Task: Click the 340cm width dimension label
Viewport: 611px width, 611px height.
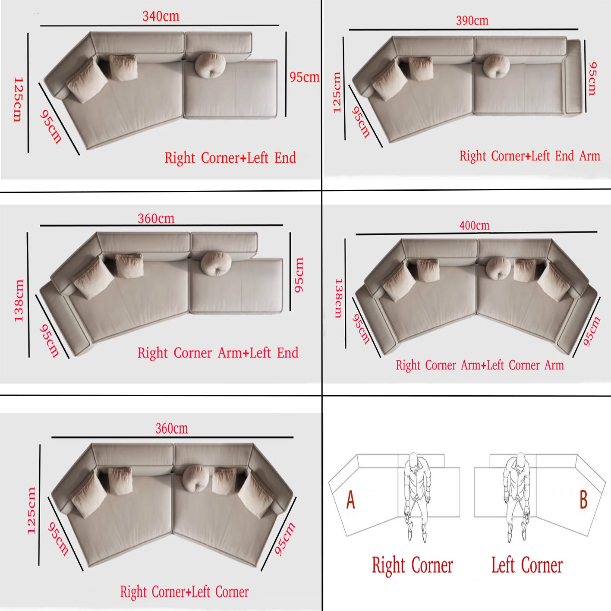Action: (161, 16)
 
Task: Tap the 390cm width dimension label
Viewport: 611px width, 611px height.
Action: (472, 21)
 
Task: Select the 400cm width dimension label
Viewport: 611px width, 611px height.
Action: (474, 225)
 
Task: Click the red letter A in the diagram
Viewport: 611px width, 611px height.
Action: (351, 500)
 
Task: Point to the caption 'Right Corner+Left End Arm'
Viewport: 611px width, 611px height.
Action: (529, 156)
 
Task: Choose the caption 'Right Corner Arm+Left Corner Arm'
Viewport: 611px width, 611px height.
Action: (480, 365)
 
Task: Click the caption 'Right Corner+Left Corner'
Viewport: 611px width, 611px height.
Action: (184, 592)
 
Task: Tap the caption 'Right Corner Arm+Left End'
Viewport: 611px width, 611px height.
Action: (218, 353)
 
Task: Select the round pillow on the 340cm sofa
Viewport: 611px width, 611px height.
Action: (210, 65)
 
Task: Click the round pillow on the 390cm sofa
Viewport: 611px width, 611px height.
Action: (496, 66)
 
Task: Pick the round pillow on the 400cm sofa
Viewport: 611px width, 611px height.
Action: (498, 268)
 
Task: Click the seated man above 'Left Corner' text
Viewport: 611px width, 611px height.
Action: (517, 497)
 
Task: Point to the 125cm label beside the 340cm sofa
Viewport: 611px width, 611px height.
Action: (18, 99)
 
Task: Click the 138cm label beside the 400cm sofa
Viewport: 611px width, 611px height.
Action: (338, 298)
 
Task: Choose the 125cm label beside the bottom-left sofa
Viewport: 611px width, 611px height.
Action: (31, 511)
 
